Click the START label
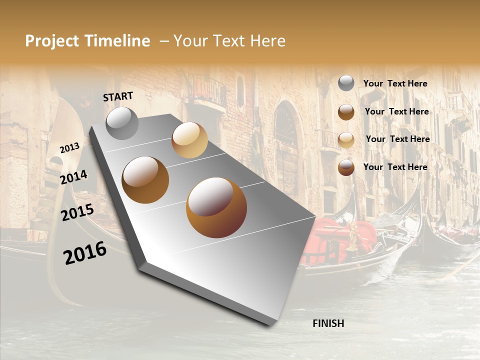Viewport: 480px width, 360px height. (118, 96)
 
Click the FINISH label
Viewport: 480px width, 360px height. (328, 323)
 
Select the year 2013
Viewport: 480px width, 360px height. (69, 147)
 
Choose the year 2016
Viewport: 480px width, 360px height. (85, 253)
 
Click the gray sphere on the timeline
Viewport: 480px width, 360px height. (122, 123)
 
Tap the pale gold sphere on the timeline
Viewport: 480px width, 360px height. (189, 140)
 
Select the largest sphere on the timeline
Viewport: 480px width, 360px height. (216, 207)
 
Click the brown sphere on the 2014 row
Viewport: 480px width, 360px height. (145, 180)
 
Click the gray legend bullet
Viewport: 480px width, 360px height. (346, 83)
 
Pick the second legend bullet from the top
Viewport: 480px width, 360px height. (346, 112)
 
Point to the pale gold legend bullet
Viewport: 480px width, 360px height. (346, 139)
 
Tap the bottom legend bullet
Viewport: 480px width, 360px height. (346, 167)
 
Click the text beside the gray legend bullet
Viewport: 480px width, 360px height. (395, 83)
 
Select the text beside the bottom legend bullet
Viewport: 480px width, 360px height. (395, 167)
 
